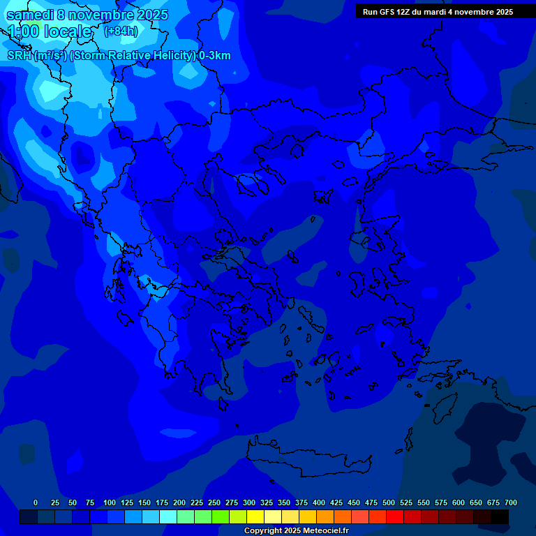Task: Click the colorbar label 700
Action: click(x=510, y=502)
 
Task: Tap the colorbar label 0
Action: click(x=36, y=502)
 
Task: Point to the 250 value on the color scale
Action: click(x=214, y=502)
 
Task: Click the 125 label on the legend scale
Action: click(x=126, y=502)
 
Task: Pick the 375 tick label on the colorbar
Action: click(x=301, y=502)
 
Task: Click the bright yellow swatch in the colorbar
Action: click(x=255, y=517)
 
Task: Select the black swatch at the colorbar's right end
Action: click(x=499, y=517)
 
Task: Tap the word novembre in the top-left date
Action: click(x=103, y=15)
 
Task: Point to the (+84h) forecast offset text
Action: click(x=121, y=31)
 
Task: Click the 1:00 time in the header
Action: click(x=22, y=32)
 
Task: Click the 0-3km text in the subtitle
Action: click(x=215, y=56)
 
